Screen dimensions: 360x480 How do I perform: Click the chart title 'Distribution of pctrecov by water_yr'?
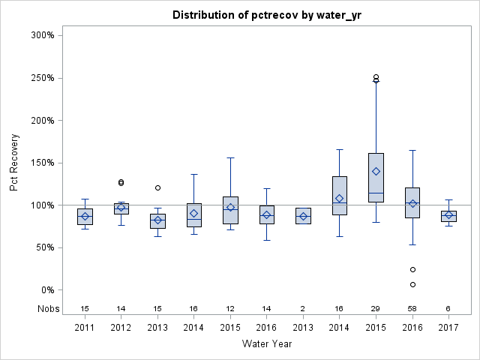[267, 15]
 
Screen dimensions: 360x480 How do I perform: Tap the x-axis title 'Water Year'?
[267, 343]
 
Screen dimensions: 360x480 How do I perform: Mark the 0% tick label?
[46, 290]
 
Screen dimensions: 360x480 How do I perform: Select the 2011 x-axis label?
[85, 328]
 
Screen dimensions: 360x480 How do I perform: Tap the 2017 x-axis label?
[448, 328]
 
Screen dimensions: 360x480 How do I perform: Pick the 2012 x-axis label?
[121, 328]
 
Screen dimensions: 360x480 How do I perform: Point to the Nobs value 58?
[412, 308]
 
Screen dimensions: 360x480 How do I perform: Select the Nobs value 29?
[376, 308]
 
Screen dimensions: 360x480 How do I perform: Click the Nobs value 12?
[230, 308]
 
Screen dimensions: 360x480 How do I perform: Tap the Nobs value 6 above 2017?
[448, 308]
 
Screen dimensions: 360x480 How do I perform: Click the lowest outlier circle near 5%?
[412, 284]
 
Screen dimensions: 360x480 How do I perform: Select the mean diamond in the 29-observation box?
[376, 171]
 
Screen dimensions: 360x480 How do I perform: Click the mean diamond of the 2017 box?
[448, 215]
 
